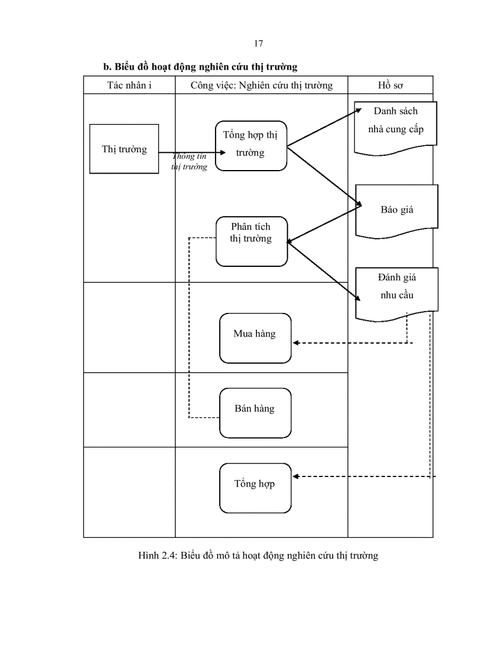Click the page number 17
(258, 44)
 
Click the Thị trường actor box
(124, 149)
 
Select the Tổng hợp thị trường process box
(250, 145)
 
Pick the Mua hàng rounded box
(255, 338)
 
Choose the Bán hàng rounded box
(255, 412)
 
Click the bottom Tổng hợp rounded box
(255, 488)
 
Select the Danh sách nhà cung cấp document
(395, 124)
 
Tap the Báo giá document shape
(396, 210)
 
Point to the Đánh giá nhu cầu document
(396, 289)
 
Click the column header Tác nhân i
(129, 85)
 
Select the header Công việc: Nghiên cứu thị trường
(261, 85)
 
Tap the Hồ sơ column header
(390, 85)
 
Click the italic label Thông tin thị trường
(190, 162)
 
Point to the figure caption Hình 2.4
(258, 555)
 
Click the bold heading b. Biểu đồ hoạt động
(200, 67)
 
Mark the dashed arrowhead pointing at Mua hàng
(297, 342)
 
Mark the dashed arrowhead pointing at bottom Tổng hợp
(297, 476)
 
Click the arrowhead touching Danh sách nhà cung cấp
(357, 110)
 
